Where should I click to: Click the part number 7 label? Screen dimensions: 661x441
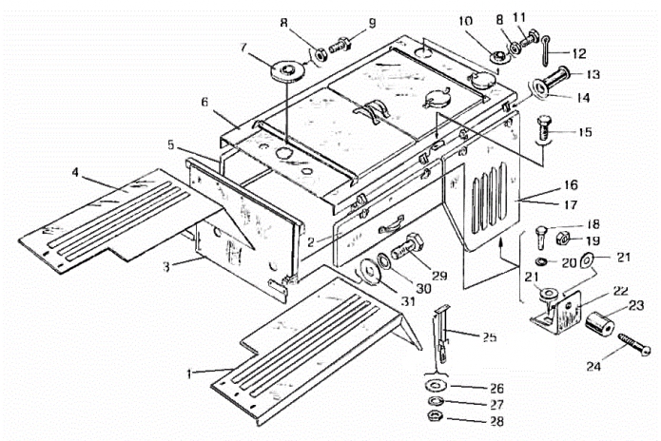click(243, 47)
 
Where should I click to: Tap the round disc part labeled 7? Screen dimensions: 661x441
click(287, 71)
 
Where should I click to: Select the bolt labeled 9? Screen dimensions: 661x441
click(339, 45)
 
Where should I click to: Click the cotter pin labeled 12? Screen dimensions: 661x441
click(546, 49)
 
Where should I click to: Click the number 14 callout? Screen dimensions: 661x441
click(583, 98)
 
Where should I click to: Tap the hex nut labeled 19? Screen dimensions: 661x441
click(564, 239)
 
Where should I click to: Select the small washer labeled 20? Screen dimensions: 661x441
click(542, 262)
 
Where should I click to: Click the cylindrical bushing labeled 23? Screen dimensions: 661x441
click(599, 324)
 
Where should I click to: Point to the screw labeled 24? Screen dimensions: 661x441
click(634, 345)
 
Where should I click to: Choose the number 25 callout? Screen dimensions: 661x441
click(490, 337)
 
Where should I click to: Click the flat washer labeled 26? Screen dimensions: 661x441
click(434, 385)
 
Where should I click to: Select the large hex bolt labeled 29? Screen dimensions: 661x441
click(408, 247)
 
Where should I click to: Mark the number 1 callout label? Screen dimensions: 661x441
click(190, 374)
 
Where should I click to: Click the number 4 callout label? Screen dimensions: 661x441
click(75, 172)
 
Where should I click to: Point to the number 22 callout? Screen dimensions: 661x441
click(620, 291)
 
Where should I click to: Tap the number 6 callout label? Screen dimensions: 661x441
click(204, 102)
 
